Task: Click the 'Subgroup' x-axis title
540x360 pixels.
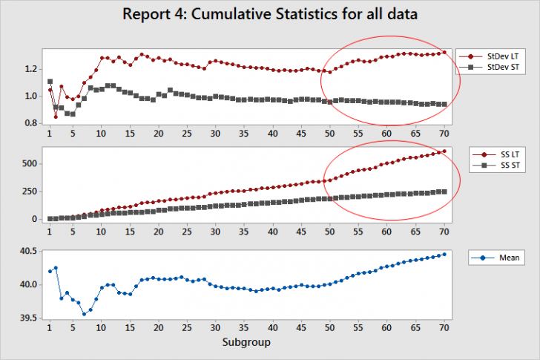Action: tap(246, 343)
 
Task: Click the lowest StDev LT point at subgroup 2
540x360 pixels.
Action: tap(56, 117)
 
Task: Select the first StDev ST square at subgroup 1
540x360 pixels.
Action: tap(50, 82)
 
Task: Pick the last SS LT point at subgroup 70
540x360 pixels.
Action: tap(444, 151)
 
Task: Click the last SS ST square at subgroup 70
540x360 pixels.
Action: tap(444, 192)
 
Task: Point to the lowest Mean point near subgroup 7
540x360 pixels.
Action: tap(84, 314)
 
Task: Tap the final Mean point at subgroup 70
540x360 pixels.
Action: tap(444, 254)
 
